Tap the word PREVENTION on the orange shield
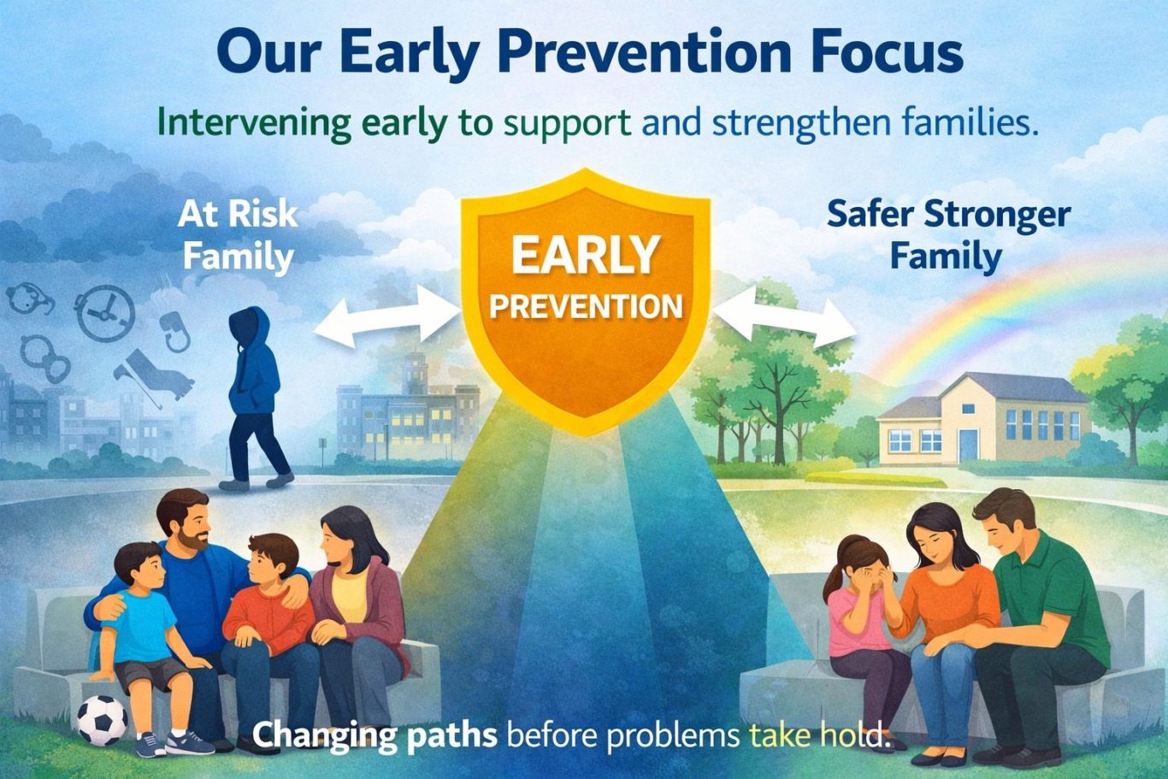(x=586, y=307)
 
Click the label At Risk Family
(x=238, y=236)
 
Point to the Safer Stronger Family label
(x=949, y=236)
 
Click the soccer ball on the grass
(x=103, y=720)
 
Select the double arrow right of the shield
(x=784, y=316)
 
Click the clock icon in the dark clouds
(x=105, y=313)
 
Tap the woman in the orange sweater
(x=939, y=626)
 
